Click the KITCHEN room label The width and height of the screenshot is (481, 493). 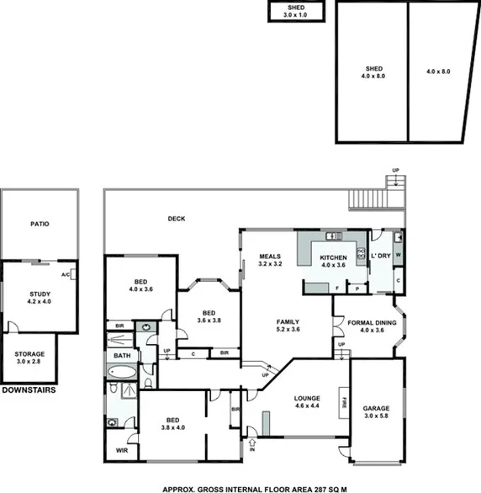[333, 258]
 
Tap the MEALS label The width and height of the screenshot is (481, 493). [269, 257]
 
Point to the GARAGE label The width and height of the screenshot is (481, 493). [376, 408]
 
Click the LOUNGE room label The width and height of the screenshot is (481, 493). [307, 399]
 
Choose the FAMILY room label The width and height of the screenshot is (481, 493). [288, 321]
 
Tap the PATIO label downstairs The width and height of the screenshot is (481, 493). [39, 225]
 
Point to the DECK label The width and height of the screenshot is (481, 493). [176, 219]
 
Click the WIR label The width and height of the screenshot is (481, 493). [121, 451]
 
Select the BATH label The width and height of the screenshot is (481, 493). [121, 356]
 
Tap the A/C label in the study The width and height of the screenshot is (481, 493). [65, 275]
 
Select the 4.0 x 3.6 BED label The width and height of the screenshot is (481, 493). [140, 285]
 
